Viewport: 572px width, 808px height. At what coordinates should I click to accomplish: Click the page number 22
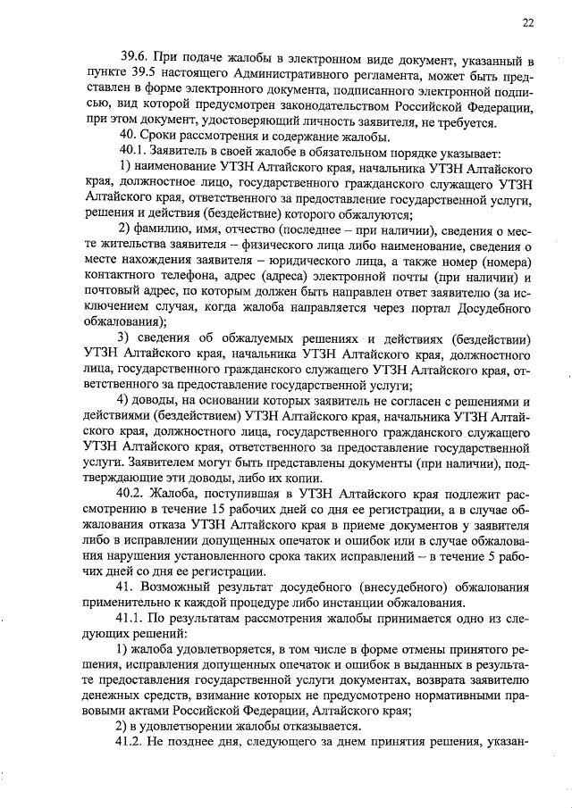(528, 24)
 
